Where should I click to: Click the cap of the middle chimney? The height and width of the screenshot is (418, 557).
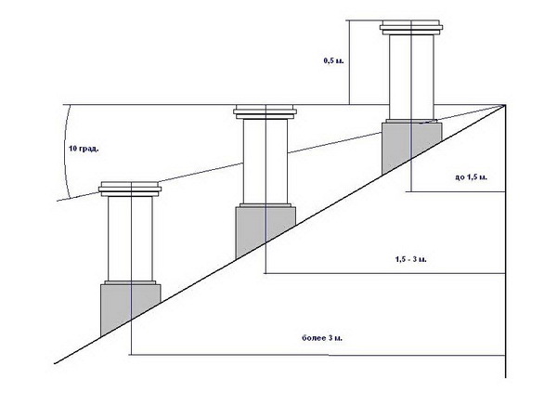point(266,113)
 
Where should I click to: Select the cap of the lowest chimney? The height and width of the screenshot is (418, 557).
point(130,189)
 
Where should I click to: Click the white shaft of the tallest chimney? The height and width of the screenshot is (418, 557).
point(408,74)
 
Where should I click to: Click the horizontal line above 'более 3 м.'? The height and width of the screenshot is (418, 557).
point(316,354)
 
